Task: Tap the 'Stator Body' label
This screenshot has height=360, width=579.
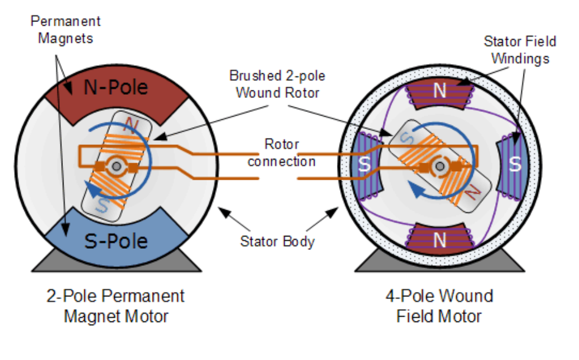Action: pyautogui.click(x=277, y=241)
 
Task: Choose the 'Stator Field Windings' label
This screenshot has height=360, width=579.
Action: pyautogui.click(x=520, y=50)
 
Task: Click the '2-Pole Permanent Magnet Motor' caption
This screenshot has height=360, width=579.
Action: pyautogui.click(x=115, y=306)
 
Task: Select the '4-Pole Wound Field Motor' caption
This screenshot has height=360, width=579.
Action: pyautogui.click(x=439, y=306)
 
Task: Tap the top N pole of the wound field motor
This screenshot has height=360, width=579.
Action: pyautogui.click(x=439, y=92)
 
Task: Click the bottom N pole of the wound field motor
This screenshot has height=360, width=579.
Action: pyautogui.click(x=439, y=240)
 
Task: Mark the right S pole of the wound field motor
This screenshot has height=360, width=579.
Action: pyautogui.click(x=515, y=166)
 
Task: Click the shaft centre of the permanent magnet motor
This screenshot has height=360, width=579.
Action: pyautogui.click(x=115, y=166)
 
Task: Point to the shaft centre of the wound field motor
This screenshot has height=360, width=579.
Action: pyautogui.click(x=439, y=166)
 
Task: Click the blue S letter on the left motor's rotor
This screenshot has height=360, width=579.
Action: pyautogui.click(x=101, y=206)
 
